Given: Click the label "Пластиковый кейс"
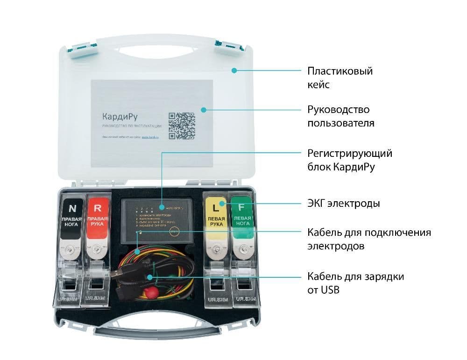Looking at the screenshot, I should tap(340, 78).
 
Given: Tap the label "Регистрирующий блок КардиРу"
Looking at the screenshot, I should tap(349, 160).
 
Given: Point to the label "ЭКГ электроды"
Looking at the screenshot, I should tap(343, 204).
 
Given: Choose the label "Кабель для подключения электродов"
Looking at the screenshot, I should tap(369, 239).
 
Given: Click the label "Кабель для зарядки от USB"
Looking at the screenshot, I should tap(355, 283).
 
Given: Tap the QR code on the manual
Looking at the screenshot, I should tap(182, 126).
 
